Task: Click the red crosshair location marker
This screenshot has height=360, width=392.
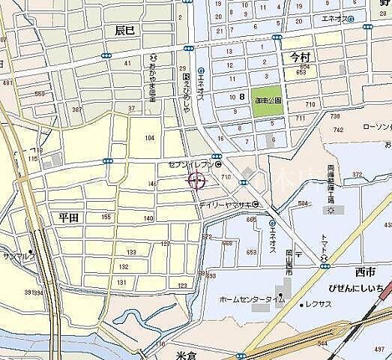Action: coord(197,180)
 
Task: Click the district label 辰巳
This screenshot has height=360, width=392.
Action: coord(126,31)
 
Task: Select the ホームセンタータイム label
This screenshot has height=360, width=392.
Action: coord(251,299)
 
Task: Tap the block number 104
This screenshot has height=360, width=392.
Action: coord(150,138)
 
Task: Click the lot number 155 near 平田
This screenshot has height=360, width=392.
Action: coord(106,216)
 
